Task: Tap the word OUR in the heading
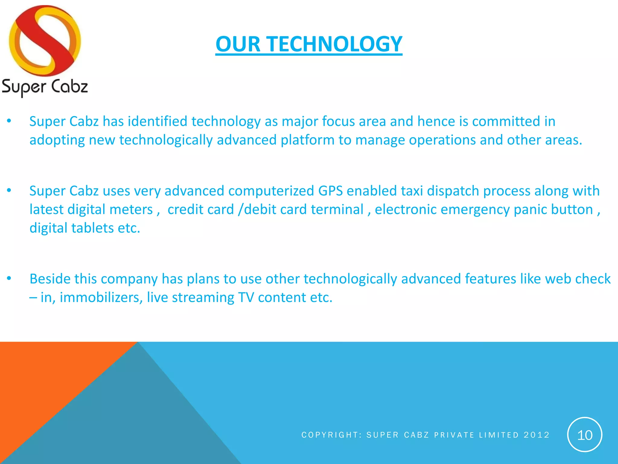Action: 238,44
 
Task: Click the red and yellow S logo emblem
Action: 45,41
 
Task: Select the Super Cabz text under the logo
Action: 45,87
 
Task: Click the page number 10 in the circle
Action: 585,435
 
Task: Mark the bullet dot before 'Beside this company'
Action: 9,278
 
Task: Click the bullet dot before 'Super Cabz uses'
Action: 9,190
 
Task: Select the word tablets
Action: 92,228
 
